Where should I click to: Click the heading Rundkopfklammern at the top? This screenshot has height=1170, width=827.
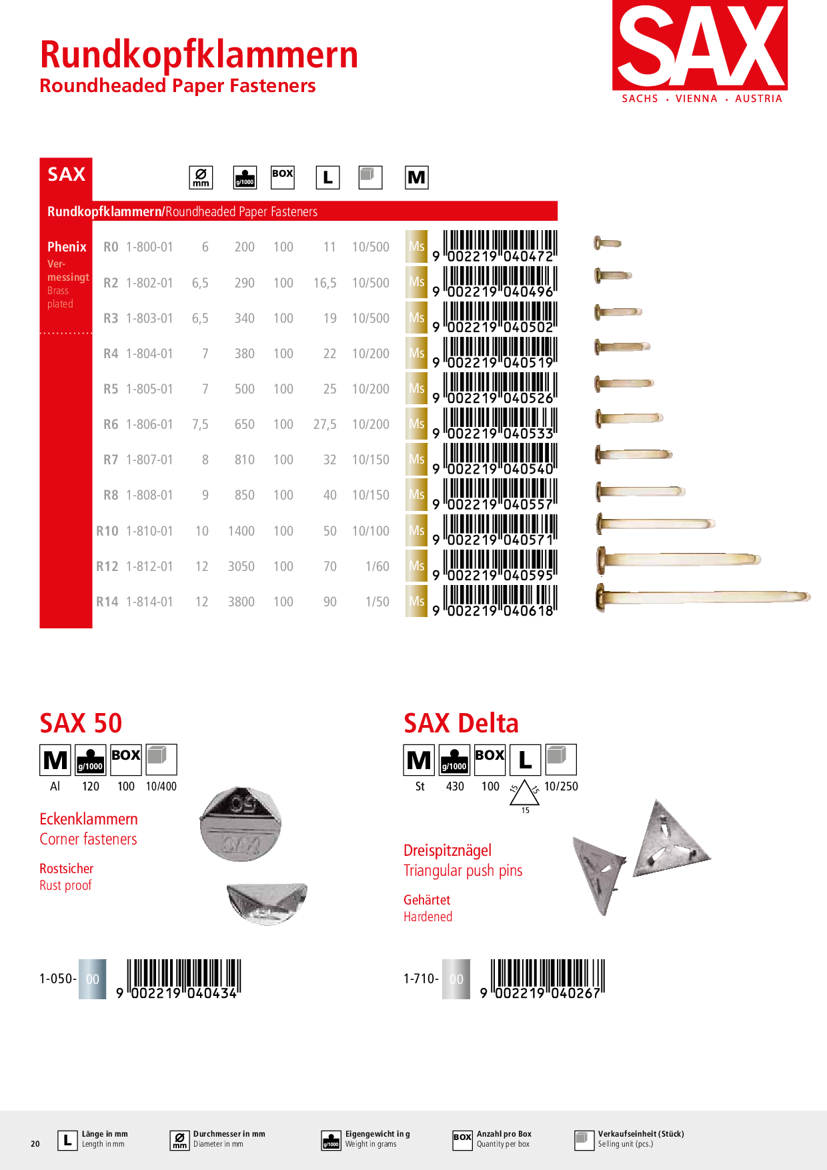pyautogui.click(x=199, y=55)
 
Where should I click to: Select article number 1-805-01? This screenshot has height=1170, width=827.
pyautogui.click(x=149, y=389)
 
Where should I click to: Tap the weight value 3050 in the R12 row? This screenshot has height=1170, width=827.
pyautogui.click(x=241, y=566)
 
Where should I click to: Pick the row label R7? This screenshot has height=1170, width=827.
pyautogui.click(x=111, y=460)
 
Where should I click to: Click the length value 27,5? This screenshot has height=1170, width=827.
pyautogui.click(x=325, y=424)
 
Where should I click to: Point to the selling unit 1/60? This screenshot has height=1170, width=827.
pyautogui.click(x=377, y=566)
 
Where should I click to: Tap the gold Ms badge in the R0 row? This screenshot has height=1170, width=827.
pyautogui.click(x=416, y=247)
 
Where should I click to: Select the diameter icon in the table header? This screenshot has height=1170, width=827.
pyautogui.click(x=201, y=177)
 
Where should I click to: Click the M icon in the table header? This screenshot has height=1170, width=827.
pyautogui.click(x=416, y=177)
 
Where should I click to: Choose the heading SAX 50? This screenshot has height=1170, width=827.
pyautogui.click(x=81, y=723)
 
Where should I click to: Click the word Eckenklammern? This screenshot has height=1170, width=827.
pyautogui.click(x=89, y=819)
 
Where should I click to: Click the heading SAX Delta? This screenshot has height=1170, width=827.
pyautogui.click(x=461, y=723)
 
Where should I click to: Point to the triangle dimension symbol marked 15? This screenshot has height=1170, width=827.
pyautogui.click(x=525, y=794)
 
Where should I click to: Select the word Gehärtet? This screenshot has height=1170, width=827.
pyautogui.click(x=427, y=900)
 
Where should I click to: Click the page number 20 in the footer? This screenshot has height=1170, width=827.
pyautogui.click(x=35, y=1143)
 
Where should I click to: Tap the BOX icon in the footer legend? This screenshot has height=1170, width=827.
pyautogui.click(x=462, y=1140)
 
